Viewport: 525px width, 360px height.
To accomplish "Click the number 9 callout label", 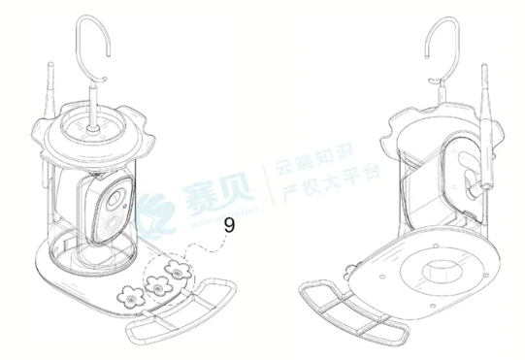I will click(x=229, y=225).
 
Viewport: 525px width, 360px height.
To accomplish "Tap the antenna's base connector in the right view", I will click(x=476, y=184).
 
